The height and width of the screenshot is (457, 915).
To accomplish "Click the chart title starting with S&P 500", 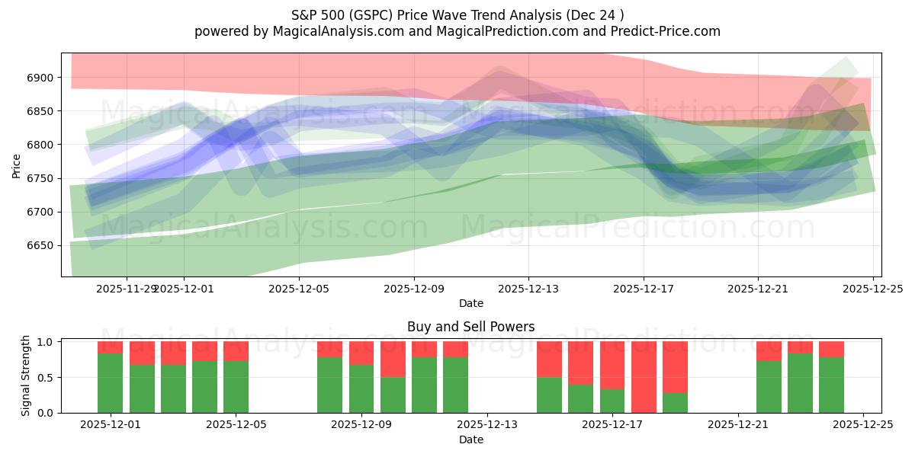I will [457, 14].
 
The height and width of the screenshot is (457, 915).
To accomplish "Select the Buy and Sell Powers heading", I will [470, 327].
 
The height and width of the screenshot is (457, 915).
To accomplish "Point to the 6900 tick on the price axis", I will [42, 78].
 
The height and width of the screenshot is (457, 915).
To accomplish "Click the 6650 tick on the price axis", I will [42, 245].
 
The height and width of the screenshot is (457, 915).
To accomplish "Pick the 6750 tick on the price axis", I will [42, 178].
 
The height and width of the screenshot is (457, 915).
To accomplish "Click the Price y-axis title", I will [17, 165].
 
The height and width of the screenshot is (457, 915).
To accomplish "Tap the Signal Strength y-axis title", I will [26, 375].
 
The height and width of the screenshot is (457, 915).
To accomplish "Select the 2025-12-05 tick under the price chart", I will [299, 289].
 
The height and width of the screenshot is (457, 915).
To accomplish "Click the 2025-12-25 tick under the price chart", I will [872, 289].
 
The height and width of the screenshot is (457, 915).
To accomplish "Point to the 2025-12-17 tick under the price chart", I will [643, 289].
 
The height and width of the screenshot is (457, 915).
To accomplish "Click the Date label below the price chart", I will [470, 303].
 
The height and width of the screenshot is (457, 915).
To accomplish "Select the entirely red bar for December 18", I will [644, 377].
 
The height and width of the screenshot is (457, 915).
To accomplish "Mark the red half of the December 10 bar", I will [393, 360].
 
